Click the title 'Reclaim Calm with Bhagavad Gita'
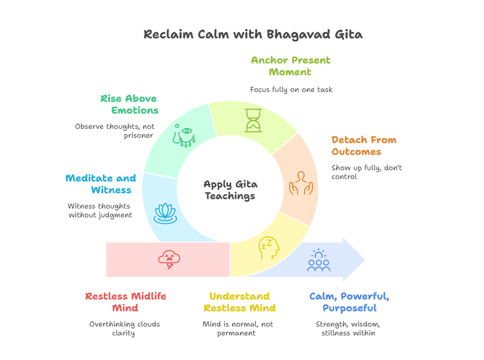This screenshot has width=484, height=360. click(253, 34)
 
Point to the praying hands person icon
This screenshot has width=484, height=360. click(301, 182)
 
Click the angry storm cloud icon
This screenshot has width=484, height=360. click(169, 259)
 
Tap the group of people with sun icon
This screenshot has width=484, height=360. click(318, 261)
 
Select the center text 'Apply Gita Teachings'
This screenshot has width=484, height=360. click(230, 190)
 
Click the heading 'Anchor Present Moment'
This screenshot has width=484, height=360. click(291, 66)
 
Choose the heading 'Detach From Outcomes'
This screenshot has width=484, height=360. click(363, 146)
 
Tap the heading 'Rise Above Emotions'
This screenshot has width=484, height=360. click(129, 104)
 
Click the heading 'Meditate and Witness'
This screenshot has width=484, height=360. click(100, 184)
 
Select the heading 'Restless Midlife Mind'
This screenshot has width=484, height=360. click(125, 302)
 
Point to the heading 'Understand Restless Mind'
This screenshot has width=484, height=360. click(240, 302)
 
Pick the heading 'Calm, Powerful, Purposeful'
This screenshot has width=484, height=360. click(349, 302)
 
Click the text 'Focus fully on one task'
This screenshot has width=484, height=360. click(291, 90)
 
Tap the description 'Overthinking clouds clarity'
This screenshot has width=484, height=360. click(124, 329)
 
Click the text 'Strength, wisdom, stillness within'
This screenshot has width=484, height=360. click(348, 329)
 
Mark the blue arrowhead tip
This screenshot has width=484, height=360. click(364, 259)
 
